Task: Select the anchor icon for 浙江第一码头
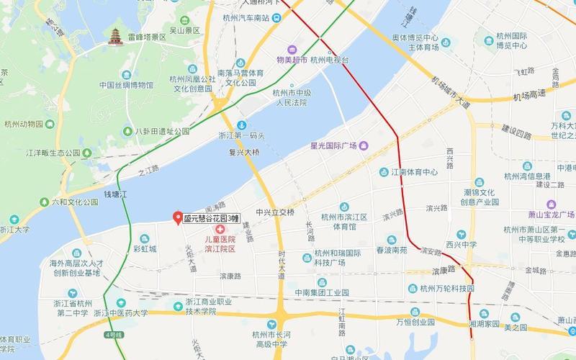click(x=243, y=125)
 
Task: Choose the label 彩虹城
click(x=145, y=249)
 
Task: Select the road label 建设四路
click(x=516, y=135)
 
